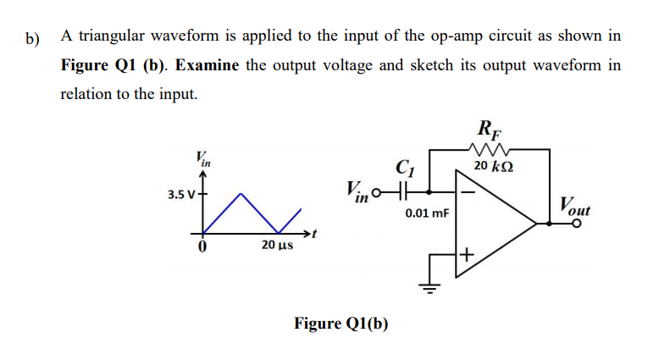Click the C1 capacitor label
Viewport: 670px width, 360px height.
point(403,168)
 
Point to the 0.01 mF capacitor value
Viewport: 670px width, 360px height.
point(426,214)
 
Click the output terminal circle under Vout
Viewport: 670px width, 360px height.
point(578,224)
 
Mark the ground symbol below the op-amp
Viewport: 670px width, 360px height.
point(429,288)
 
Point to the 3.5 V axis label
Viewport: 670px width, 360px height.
point(180,194)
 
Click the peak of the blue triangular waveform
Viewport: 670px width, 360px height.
point(241,193)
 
